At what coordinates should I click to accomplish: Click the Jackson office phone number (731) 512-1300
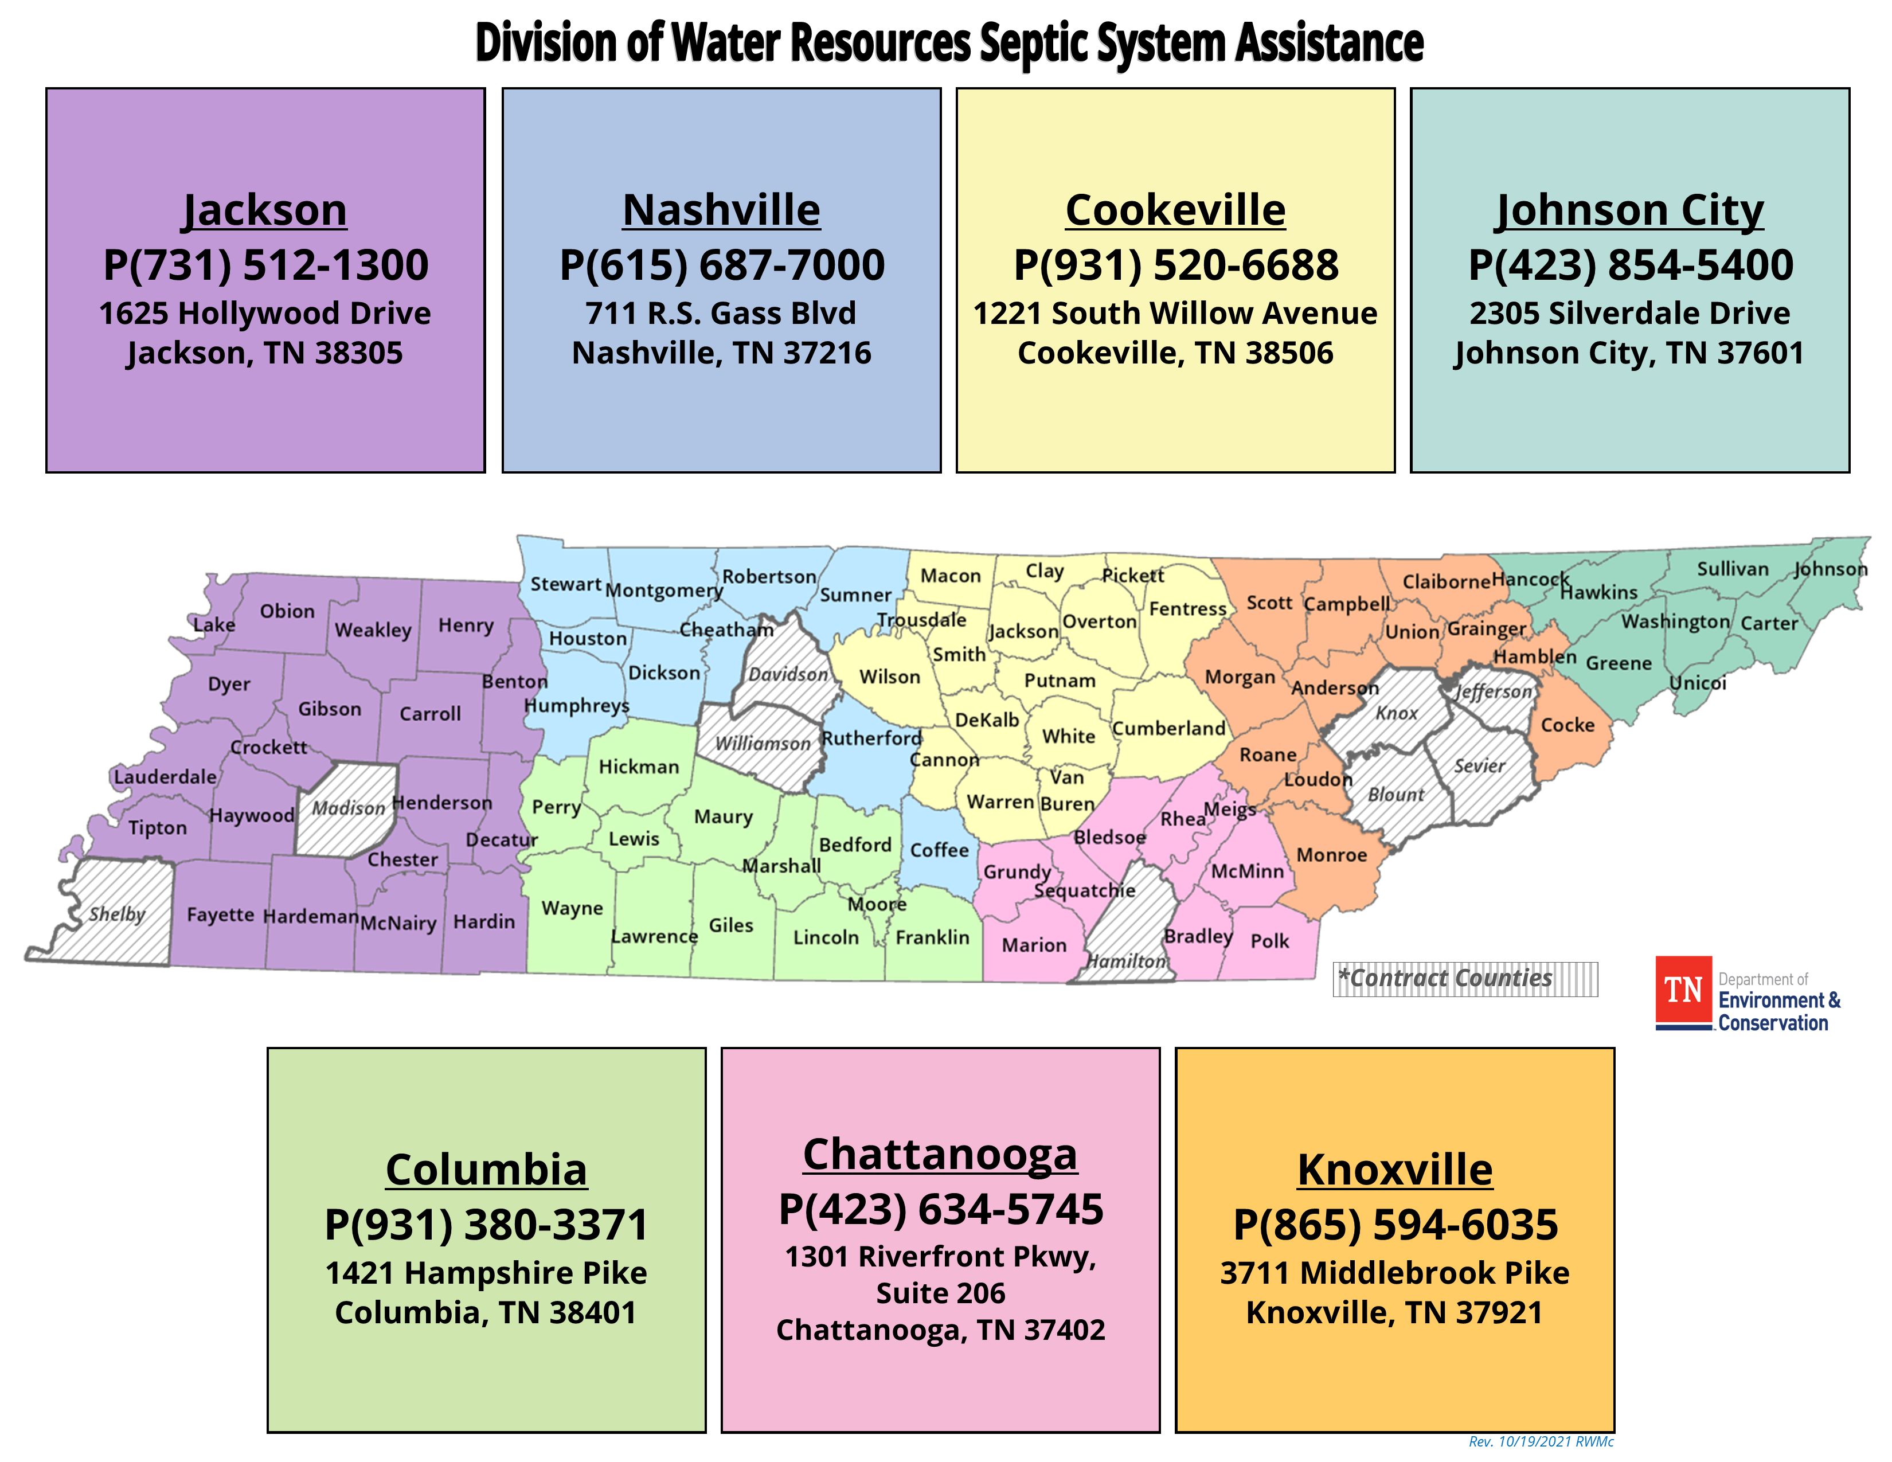click(265, 265)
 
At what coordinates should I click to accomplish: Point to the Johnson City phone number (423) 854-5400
click(1631, 265)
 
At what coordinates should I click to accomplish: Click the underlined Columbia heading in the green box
click(486, 1170)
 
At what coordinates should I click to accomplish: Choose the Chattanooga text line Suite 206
click(941, 1293)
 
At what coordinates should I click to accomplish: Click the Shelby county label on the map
click(117, 914)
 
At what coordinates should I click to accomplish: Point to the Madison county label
click(347, 808)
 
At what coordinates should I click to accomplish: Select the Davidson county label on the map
click(787, 674)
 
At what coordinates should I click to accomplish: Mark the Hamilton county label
click(1126, 961)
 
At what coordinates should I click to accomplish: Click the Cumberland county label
click(1168, 728)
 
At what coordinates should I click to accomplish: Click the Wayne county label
click(572, 909)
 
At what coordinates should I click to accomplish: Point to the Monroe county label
click(1331, 855)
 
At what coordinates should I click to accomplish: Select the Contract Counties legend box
click(1464, 979)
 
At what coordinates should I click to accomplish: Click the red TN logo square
click(1683, 990)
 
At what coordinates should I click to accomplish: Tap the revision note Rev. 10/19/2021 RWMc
click(1541, 1442)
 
